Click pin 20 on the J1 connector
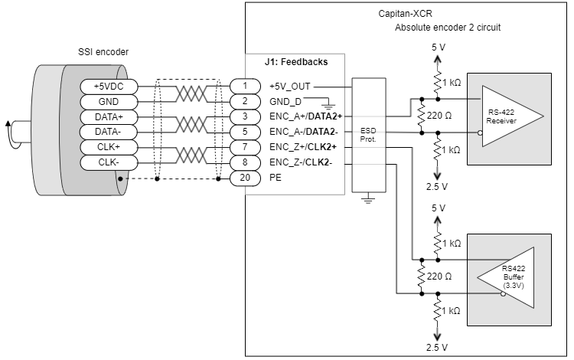tap(244, 178)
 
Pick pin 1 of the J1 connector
tap(244, 87)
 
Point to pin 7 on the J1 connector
tap(244, 147)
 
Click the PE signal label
tap(276, 178)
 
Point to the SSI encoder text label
tap(103, 51)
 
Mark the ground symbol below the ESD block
tap(368, 200)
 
